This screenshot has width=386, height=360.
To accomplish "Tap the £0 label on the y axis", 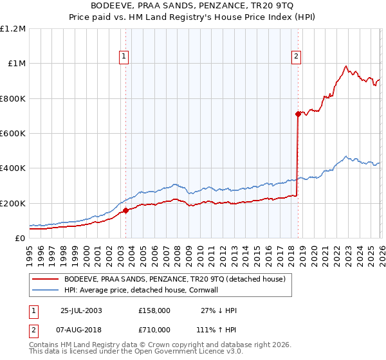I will pyautogui.click(x=20, y=238).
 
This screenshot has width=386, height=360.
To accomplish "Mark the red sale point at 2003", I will pyautogui.click(x=126, y=210).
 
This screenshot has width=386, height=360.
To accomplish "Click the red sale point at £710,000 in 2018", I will pyautogui.click(x=298, y=114).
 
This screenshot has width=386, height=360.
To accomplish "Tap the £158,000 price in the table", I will pyautogui.click(x=154, y=310).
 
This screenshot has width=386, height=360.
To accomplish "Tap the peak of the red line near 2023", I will pyautogui.click(x=345, y=66).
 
